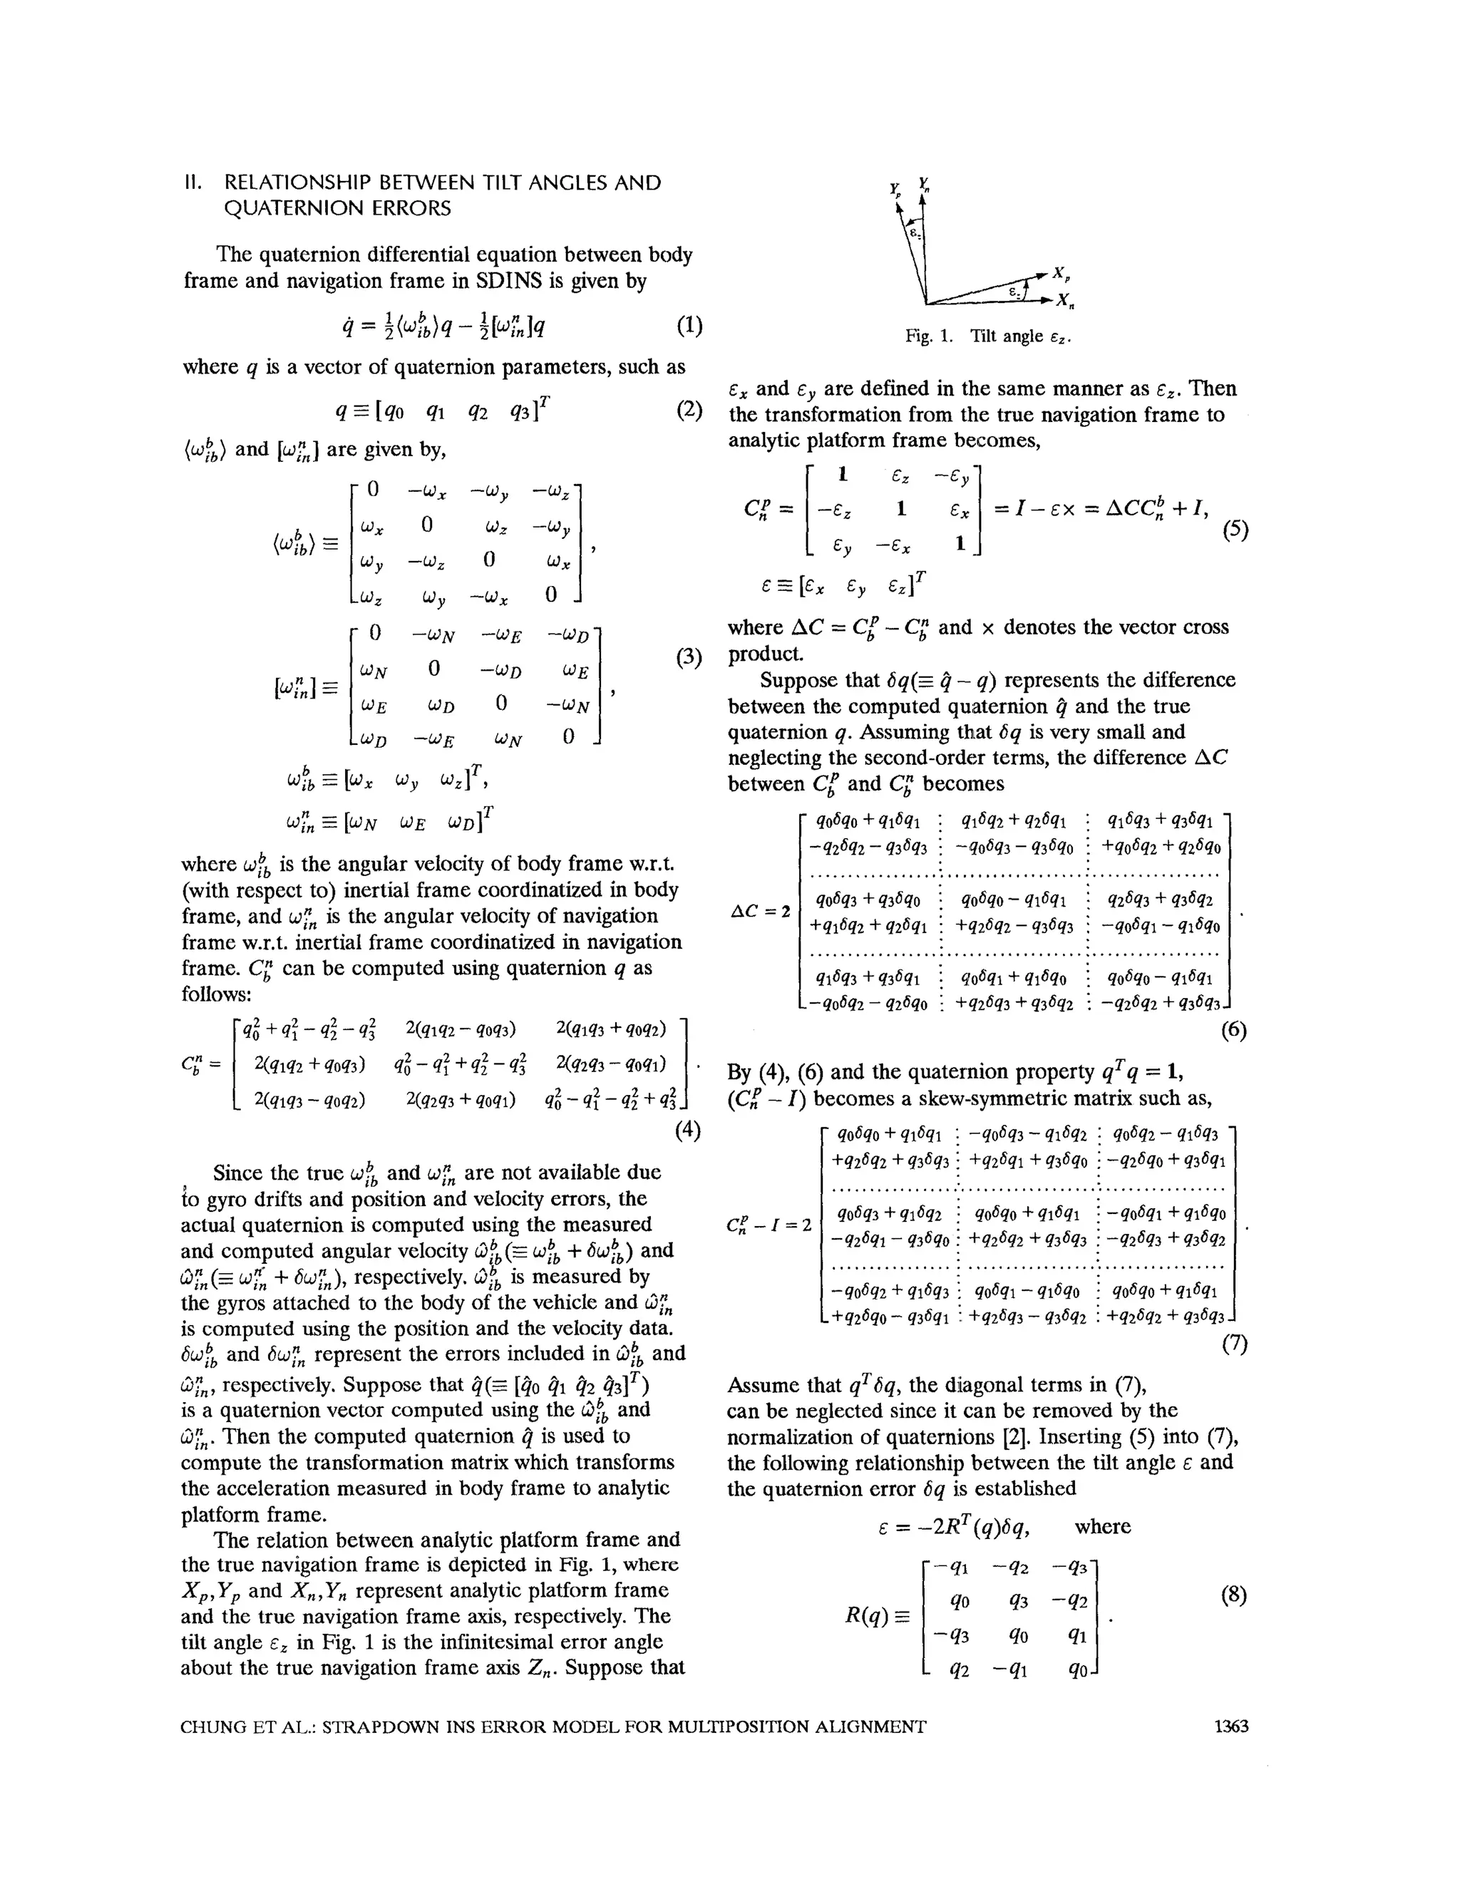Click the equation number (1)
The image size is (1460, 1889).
click(x=689, y=325)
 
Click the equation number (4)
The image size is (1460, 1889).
click(x=688, y=1130)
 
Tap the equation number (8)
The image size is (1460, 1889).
click(x=1233, y=1595)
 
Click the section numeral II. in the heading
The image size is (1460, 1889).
click(x=195, y=182)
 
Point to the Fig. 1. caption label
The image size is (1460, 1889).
click(x=929, y=336)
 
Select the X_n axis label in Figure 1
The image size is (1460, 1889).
click(x=1064, y=302)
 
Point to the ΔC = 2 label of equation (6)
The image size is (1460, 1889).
click(x=760, y=911)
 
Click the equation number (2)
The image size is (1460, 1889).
click(x=689, y=408)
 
